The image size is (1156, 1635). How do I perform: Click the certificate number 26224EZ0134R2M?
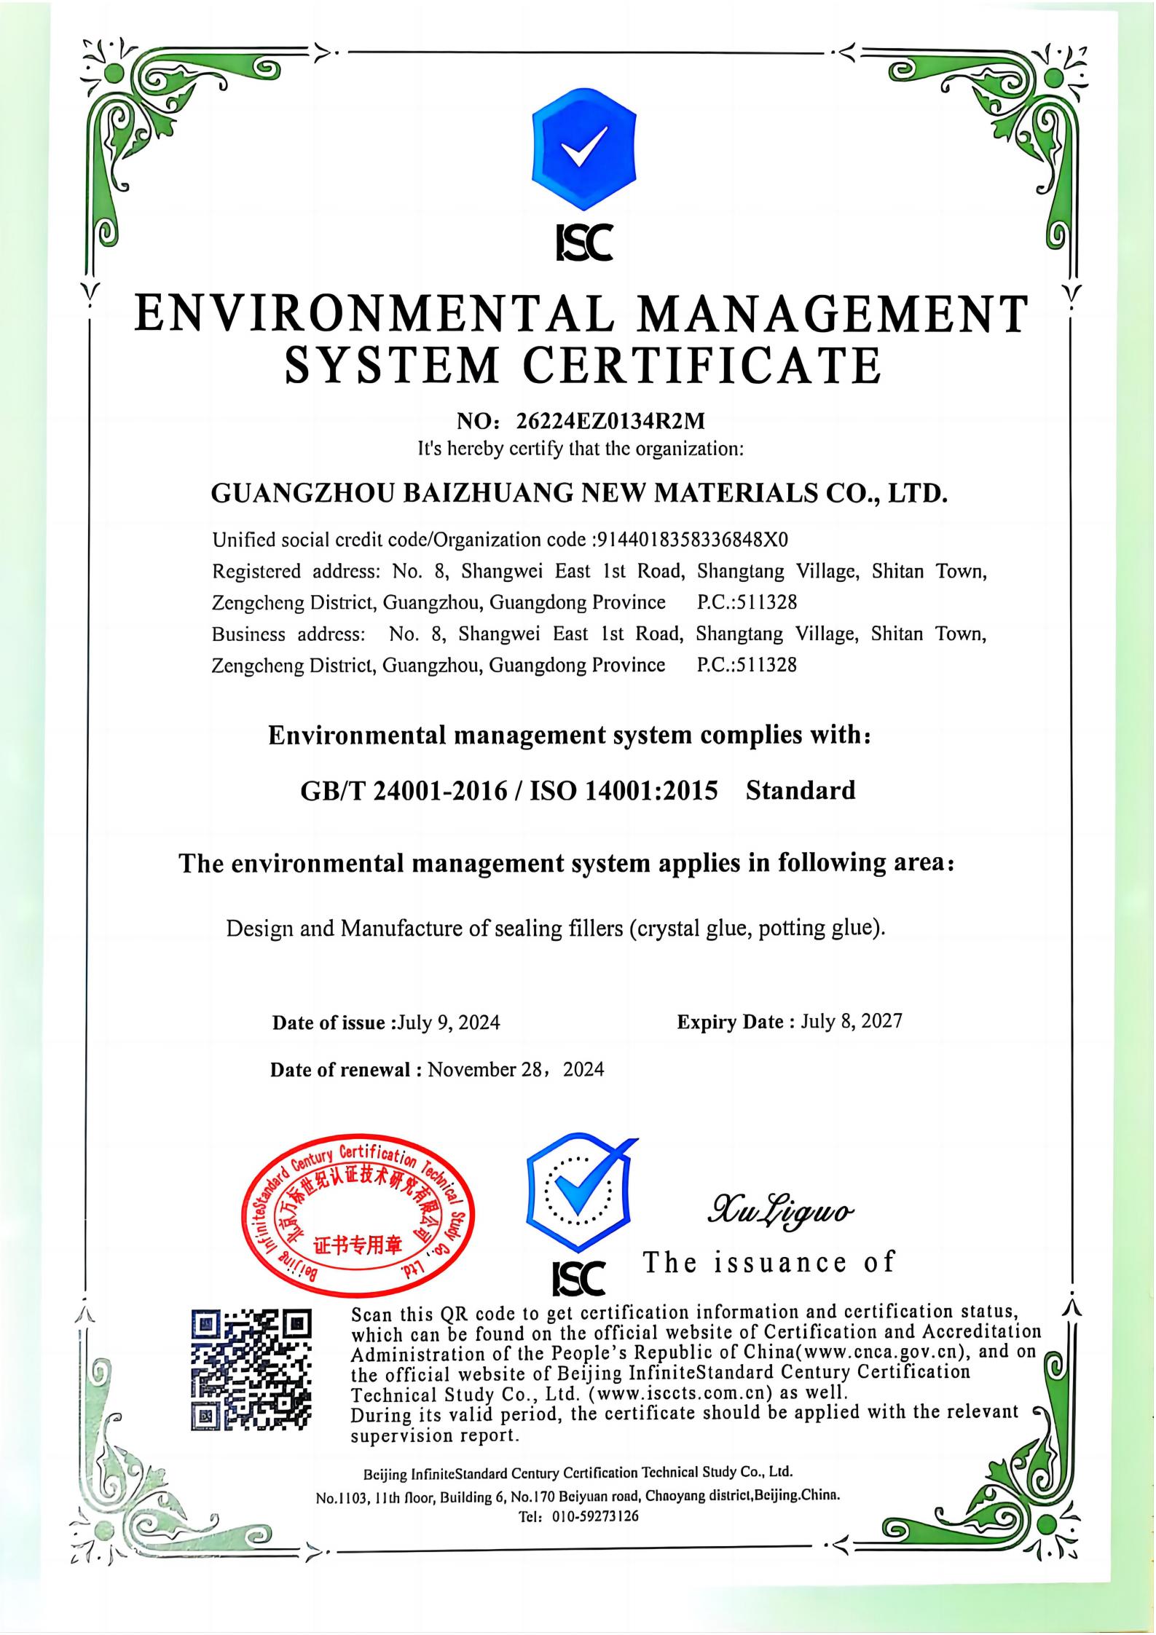click(x=610, y=421)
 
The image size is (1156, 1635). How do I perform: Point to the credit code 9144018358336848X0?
click(x=692, y=540)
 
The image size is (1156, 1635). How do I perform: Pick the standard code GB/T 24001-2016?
click(x=404, y=791)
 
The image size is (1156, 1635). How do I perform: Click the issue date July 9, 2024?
click(x=448, y=1023)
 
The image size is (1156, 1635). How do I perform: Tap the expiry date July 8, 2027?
click(x=851, y=1021)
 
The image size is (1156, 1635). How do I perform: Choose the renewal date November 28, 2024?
click(x=516, y=1070)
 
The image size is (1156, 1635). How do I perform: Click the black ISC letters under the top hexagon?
click(x=583, y=243)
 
